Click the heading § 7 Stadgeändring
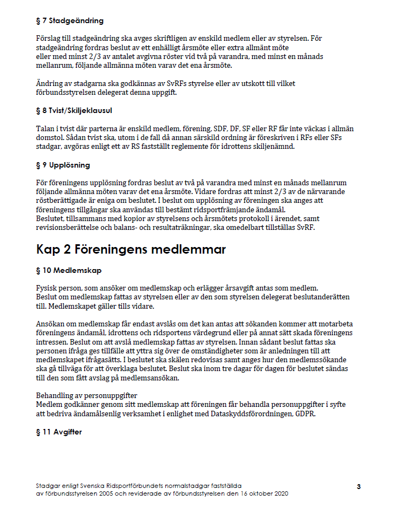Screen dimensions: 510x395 [x=69, y=21]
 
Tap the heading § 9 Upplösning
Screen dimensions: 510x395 [x=63, y=165]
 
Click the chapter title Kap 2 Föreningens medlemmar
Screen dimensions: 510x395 [x=131, y=249]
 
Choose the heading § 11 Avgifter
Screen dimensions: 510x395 [x=58, y=432]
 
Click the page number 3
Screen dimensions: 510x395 [x=359, y=486]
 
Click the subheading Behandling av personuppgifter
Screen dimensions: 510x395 [x=86, y=396]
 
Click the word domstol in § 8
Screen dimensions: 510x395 [x=51, y=137]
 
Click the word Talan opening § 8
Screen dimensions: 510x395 [x=46, y=128]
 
